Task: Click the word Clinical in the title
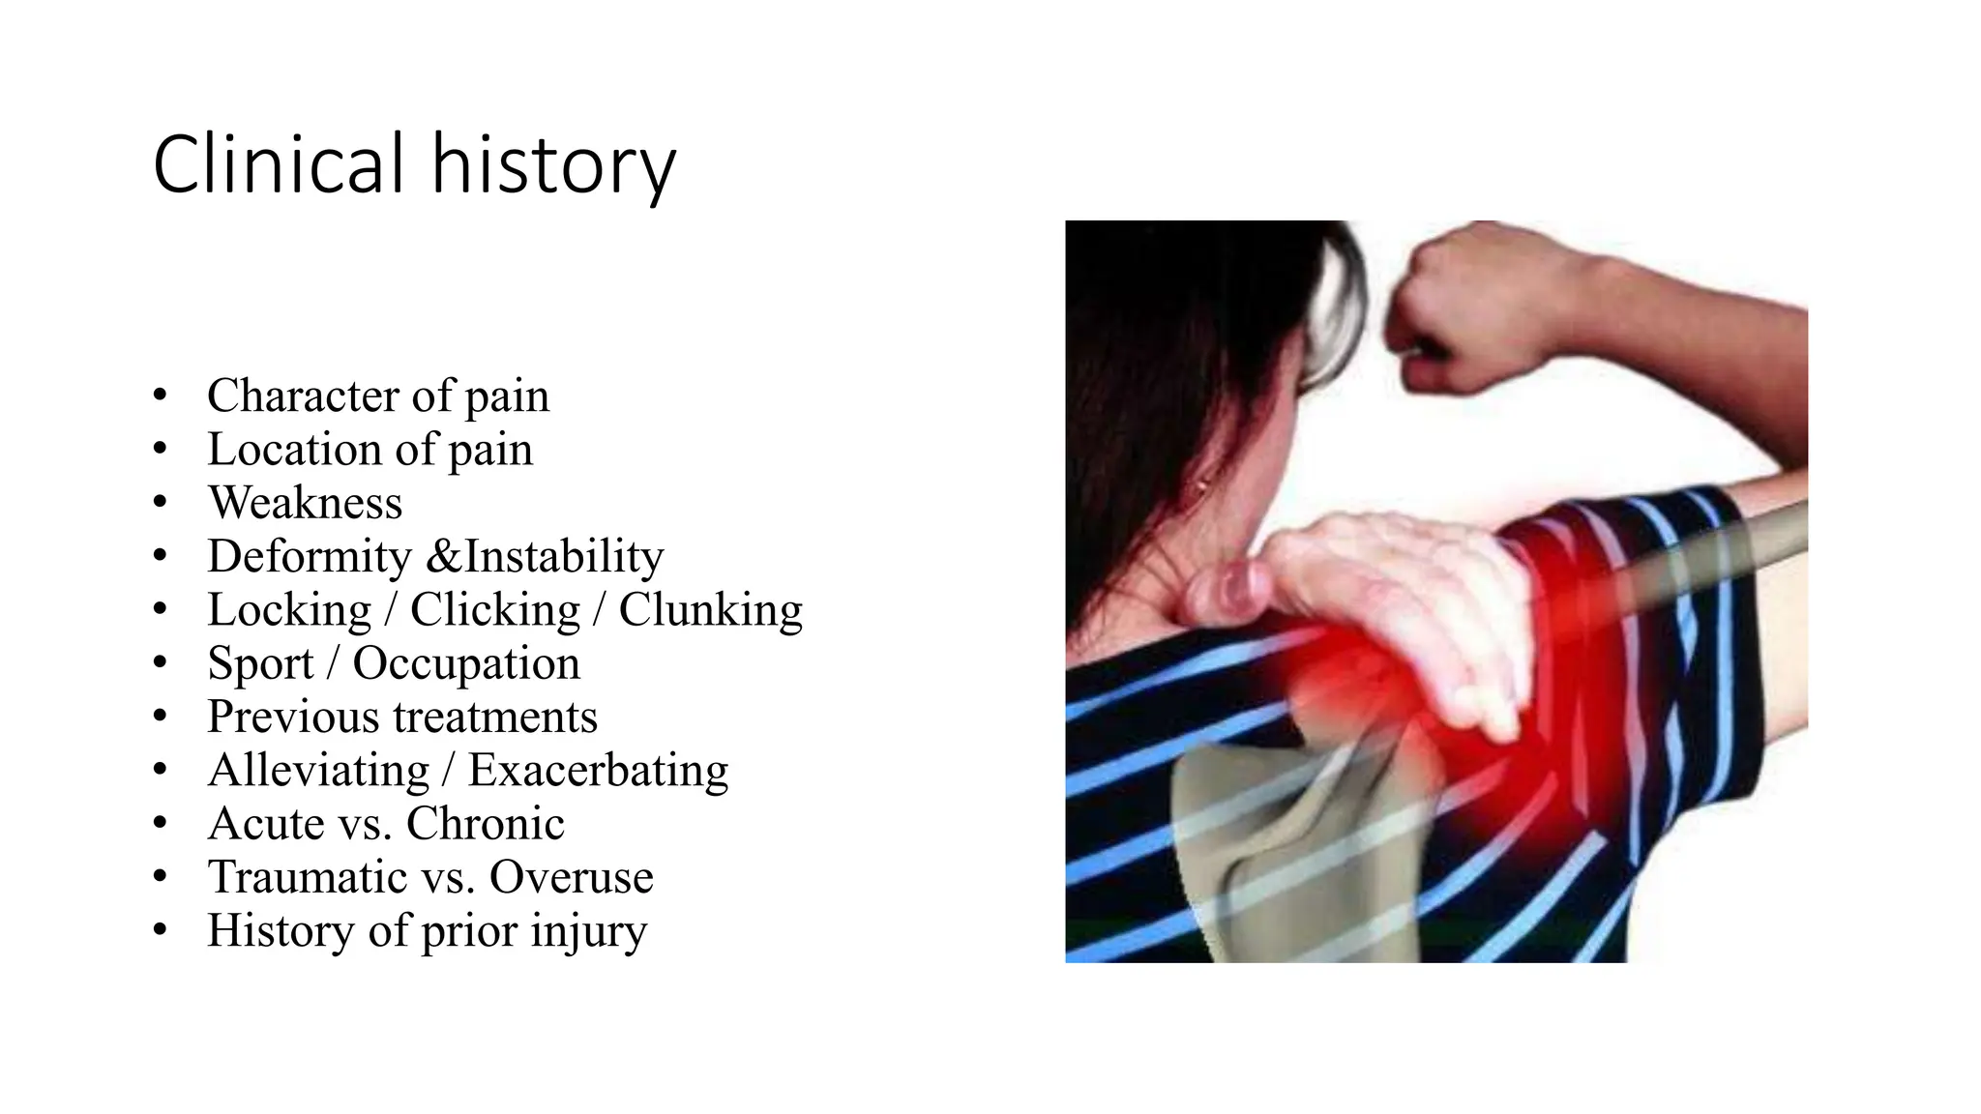277,164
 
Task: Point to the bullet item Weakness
305,503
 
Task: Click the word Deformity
310,557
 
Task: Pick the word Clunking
710,610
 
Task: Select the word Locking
289,610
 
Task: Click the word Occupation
466,664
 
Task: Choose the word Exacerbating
598,771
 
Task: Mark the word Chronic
485,824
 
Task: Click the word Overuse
571,877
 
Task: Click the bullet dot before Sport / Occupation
160,662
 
